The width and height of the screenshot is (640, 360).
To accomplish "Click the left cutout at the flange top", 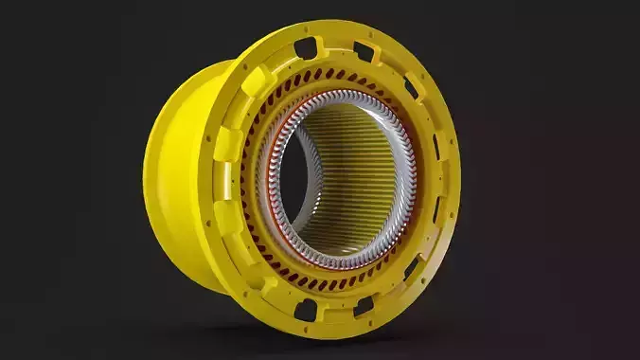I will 305,45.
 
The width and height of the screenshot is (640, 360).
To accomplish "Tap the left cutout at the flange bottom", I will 305,310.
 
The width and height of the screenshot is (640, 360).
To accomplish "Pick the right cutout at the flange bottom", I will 363,305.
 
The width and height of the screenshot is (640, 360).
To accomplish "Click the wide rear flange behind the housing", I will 175,180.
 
